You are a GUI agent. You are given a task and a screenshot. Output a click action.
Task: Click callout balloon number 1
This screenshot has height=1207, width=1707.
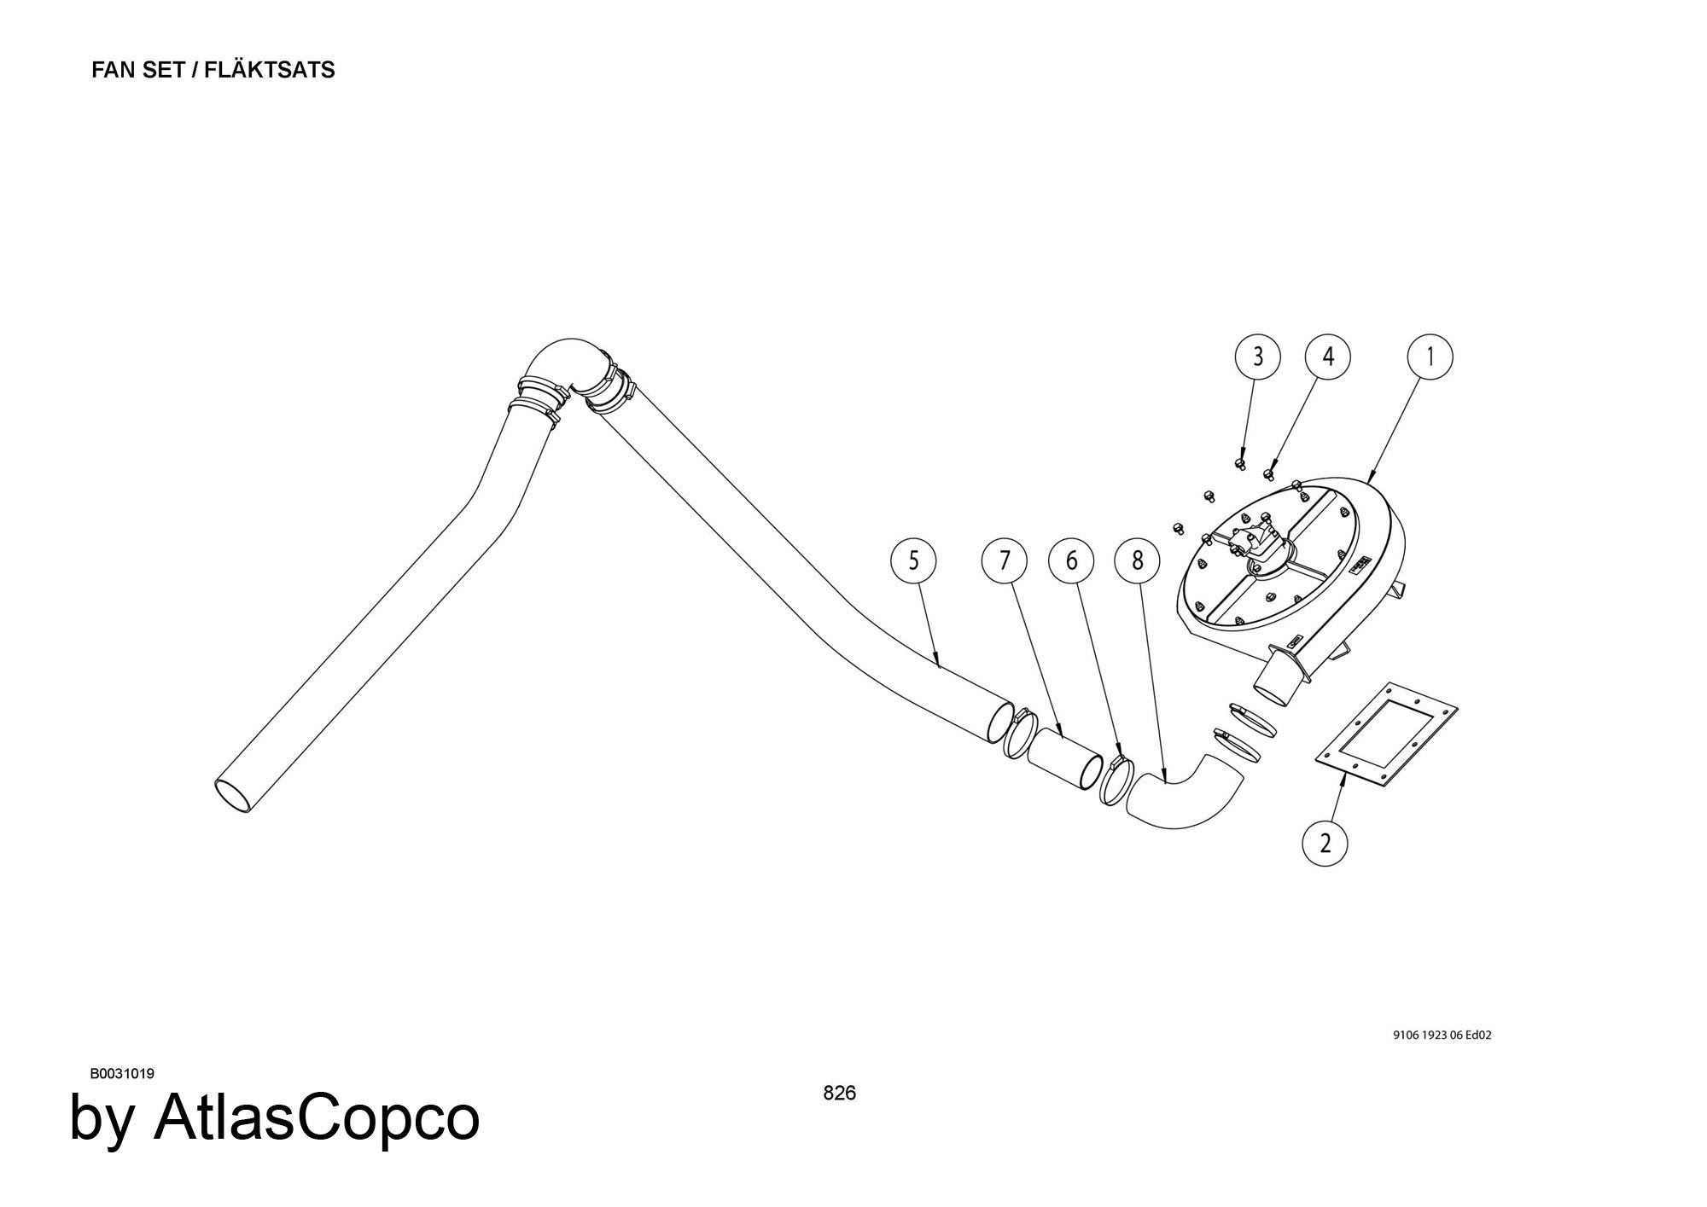1430,357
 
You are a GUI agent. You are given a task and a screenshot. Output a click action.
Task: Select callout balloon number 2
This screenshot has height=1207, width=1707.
1325,843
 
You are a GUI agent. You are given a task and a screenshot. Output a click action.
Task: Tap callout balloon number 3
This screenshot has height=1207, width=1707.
1257,357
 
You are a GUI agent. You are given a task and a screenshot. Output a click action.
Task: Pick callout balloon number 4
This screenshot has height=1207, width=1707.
1327,357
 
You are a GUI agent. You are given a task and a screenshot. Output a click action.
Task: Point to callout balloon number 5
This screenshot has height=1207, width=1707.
913,561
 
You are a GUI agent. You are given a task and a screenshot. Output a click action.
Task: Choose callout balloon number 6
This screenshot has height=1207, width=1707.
1072,561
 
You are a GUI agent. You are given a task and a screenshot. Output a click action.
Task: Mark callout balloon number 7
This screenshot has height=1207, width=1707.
1004,561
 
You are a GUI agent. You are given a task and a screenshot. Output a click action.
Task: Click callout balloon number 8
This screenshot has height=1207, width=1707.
1137,561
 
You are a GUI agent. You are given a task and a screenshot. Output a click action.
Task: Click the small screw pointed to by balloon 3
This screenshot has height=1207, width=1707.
1240,463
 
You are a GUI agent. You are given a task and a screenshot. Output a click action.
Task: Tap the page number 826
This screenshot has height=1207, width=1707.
839,1094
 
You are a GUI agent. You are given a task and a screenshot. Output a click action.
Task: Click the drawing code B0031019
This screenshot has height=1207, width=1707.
122,1074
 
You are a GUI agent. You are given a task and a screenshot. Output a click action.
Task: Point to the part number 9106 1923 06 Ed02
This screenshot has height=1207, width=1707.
1442,1036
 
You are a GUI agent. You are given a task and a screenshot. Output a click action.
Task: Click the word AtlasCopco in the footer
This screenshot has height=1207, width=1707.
316,1118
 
